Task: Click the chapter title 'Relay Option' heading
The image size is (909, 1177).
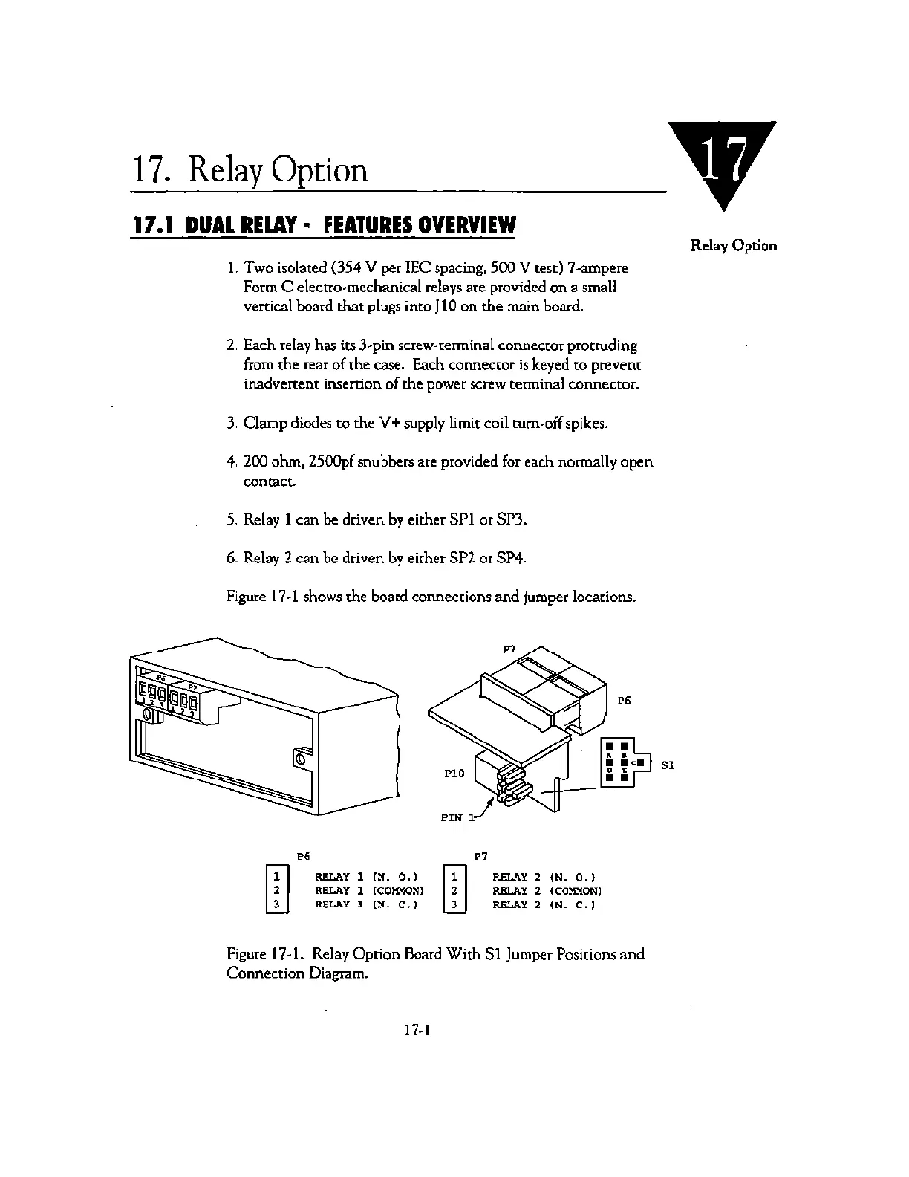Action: pyautogui.click(x=250, y=169)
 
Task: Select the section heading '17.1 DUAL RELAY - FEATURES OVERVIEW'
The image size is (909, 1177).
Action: pyautogui.click(x=322, y=225)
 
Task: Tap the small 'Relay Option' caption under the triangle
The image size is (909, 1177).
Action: pyautogui.click(x=734, y=245)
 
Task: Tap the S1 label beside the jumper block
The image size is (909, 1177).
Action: pyautogui.click(x=667, y=765)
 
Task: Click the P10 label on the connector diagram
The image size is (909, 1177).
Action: pyautogui.click(x=454, y=774)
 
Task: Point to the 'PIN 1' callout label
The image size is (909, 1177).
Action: pyautogui.click(x=456, y=817)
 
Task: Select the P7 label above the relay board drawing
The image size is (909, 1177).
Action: pyautogui.click(x=509, y=648)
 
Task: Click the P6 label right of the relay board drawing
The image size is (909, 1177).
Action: pyautogui.click(x=624, y=700)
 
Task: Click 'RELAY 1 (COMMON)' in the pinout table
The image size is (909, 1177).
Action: pyautogui.click(x=369, y=890)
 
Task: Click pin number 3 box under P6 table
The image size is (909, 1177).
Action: pyautogui.click(x=276, y=904)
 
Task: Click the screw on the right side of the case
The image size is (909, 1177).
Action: pyautogui.click(x=300, y=759)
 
